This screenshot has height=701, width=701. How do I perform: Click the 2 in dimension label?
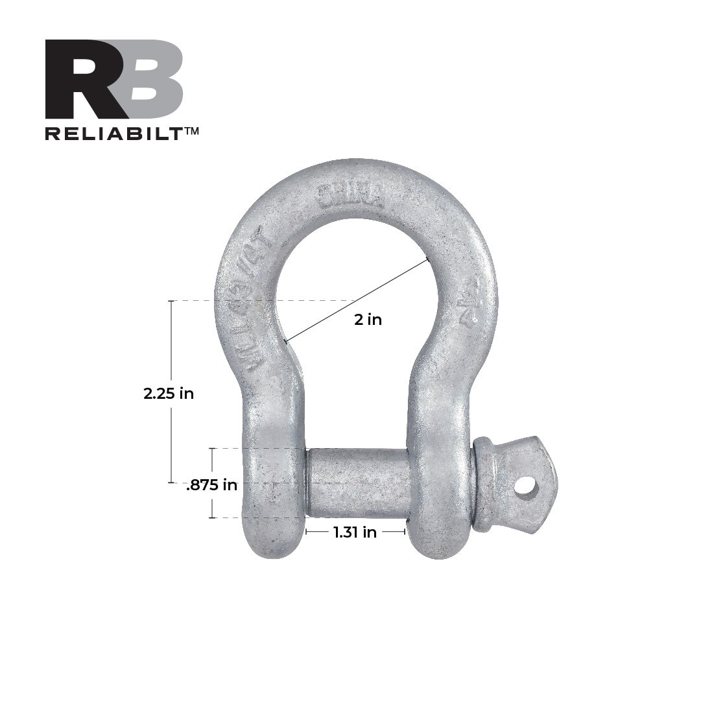[368, 319]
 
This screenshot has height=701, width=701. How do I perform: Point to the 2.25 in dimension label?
[169, 393]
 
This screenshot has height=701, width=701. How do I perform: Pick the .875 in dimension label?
[211, 485]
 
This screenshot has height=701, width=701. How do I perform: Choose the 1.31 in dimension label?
[355, 532]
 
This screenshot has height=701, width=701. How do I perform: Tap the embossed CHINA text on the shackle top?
[350, 193]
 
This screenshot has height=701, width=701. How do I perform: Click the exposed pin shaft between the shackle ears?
[357, 483]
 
